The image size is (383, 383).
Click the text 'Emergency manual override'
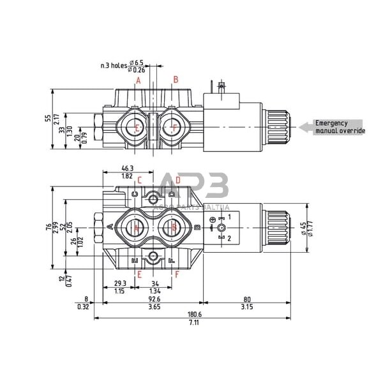(339, 127)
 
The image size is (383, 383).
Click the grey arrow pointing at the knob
(306, 128)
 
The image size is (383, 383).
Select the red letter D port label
(177, 180)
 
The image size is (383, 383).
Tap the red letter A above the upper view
(138, 80)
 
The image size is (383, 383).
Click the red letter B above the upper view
(175, 80)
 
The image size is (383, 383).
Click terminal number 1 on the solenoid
(230, 218)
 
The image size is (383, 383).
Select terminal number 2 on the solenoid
(230, 237)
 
